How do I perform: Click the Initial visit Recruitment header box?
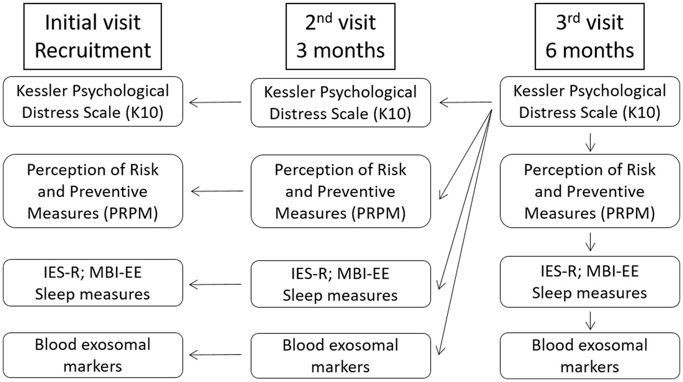93,36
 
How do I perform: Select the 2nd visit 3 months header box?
340,36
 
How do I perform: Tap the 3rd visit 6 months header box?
590,36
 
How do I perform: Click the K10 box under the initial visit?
93,101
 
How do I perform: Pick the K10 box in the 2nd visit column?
340,103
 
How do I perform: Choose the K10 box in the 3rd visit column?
590,101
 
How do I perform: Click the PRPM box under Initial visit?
93,191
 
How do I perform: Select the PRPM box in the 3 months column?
340,191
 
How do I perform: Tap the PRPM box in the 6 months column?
590,191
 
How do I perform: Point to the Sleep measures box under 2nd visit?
340,284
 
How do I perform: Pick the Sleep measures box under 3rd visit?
590,282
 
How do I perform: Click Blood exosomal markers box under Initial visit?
93,355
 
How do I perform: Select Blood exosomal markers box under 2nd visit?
340,356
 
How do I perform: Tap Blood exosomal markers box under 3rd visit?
590,355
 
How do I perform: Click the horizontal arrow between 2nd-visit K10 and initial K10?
216,102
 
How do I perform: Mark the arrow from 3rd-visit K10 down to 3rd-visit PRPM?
590,142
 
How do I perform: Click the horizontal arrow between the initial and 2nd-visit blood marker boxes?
216,355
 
